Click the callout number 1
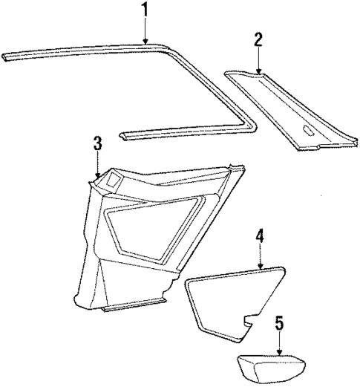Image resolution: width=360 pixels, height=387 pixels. coord(145,10)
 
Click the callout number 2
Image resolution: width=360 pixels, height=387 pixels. coord(258,39)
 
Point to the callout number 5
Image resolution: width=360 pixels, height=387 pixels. coord(278,323)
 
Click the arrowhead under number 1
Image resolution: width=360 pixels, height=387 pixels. coord(145,44)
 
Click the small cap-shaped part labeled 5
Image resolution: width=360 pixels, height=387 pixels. coord(272,369)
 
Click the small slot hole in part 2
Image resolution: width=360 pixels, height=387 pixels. coord(307,133)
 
